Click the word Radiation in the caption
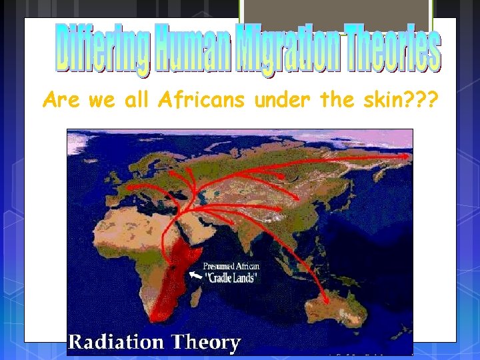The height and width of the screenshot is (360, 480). click(116, 343)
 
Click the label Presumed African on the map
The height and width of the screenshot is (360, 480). click(232, 267)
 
